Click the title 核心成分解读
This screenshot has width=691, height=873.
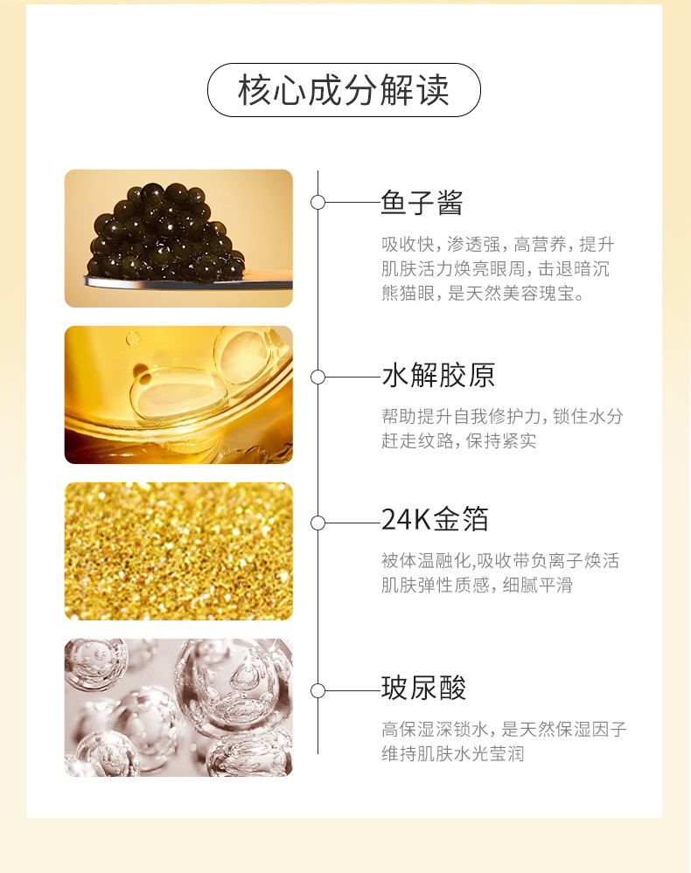(344, 90)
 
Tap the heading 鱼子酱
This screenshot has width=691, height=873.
(422, 203)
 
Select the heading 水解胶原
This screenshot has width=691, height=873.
(438, 377)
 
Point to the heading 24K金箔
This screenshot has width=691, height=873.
(435, 520)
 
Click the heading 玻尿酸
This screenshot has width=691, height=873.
(423, 688)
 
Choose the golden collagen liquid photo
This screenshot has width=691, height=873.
(178, 395)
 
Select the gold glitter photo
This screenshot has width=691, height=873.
(178, 551)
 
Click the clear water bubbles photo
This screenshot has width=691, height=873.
(178, 708)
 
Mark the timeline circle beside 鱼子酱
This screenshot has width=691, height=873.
(318, 203)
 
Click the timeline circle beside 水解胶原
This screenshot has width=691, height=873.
(318, 377)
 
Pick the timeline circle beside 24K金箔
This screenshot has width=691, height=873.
(318, 523)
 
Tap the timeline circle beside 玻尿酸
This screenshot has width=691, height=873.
(318, 690)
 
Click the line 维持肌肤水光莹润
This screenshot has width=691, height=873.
(452, 753)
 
